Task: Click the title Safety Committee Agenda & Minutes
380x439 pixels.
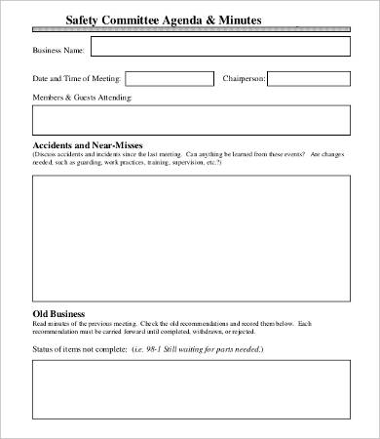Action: point(163,20)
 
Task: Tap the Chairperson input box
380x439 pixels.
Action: point(309,78)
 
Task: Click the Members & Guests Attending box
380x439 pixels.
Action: point(191,119)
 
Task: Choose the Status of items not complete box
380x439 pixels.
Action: point(191,389)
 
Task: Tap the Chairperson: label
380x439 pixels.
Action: point(244,78)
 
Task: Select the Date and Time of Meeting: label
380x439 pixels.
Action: point(75,78)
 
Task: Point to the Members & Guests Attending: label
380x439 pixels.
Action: point(83,98)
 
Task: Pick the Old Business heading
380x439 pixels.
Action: point(58,314)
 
